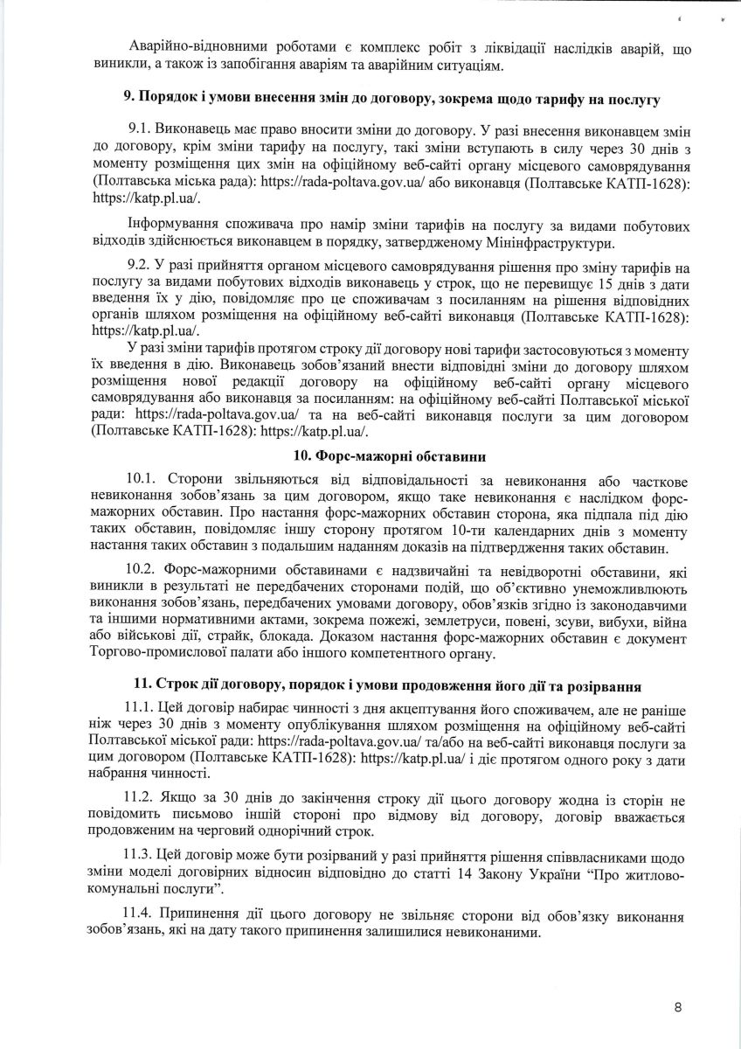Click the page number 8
tap(678, 1007)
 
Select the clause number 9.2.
tap(142, 264)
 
